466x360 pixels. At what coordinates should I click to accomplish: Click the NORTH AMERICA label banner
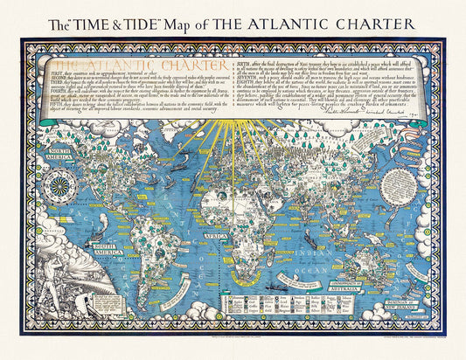tap(66, 156)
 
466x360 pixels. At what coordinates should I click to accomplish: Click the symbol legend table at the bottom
tap(262, 314)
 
